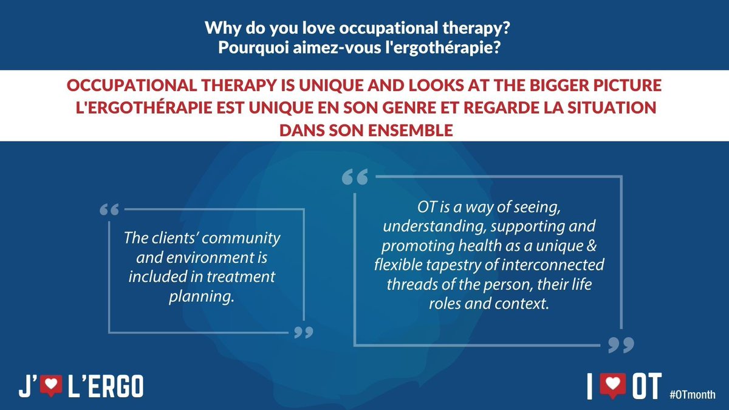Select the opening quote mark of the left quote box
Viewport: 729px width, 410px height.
click(x=108, y=210)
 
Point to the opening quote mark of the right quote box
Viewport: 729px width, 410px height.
click(x=355, y=177)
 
